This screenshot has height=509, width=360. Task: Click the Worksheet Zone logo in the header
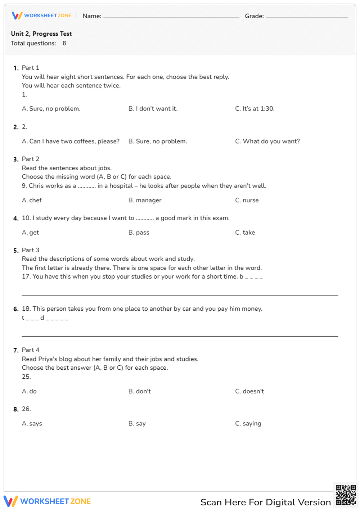41,15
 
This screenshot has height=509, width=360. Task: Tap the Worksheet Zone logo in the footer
47,501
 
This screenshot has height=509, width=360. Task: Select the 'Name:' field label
92,16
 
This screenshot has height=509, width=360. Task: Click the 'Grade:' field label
254,16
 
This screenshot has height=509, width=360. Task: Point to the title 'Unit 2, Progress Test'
41,33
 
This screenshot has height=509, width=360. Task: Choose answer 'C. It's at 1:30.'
255,109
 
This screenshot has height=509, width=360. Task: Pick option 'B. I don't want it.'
153,109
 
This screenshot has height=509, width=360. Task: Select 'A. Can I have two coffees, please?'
71,141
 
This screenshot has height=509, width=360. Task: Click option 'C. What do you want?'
267,141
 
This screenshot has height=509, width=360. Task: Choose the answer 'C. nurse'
247,201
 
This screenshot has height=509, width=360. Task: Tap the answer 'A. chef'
32,201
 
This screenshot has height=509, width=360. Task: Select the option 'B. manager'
145,201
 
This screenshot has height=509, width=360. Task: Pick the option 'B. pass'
139,233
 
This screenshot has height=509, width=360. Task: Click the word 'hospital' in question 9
121,186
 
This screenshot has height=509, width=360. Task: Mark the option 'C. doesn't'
249,391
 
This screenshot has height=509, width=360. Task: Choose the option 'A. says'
32,424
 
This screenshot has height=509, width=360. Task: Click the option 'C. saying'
248,424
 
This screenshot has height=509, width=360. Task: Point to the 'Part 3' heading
31,250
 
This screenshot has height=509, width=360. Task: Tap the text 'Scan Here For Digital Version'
265,502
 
